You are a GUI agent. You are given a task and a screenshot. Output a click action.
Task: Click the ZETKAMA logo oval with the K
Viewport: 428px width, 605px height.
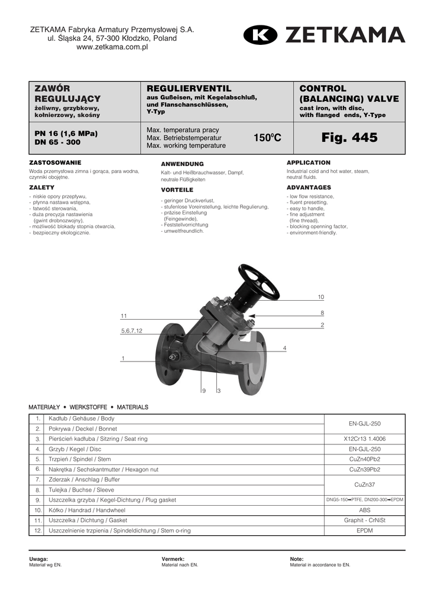click(260, 35)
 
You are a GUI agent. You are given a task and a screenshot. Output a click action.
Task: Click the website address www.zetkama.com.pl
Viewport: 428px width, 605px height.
click(112, 48)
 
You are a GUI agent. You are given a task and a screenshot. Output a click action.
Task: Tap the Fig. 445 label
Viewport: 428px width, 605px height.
click(349, 138)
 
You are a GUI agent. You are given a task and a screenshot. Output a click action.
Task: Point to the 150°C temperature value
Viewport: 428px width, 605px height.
click(268, 138)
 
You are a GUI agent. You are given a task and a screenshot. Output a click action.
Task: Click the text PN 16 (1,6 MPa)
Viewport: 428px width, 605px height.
click(66, 134)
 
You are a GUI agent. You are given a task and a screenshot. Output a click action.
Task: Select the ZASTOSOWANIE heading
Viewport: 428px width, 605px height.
click(56, 162)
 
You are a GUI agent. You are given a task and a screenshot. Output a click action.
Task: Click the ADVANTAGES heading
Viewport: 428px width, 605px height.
click(309, 187)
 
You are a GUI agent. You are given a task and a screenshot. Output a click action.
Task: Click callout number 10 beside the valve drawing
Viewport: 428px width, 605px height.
click(321, 297)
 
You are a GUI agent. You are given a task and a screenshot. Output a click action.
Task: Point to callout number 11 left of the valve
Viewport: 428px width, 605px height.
click(124, 316)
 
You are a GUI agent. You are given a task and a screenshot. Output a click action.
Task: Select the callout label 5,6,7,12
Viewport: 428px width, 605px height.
click(131, 331)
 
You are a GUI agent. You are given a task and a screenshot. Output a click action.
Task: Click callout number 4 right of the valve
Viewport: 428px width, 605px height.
click(284, 348)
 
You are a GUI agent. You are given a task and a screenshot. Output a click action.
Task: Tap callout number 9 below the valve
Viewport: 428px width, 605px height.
click(203, 391)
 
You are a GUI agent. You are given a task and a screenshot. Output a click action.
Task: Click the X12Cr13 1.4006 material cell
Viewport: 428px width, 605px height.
click(365, 439)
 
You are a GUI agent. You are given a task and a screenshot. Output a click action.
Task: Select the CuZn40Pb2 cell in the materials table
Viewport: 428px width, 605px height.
click(365, 459)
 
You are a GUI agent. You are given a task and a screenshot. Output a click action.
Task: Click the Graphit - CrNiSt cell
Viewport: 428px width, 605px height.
click(365, 521)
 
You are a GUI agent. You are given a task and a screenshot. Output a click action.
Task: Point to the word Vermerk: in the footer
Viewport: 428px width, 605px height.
click(173, 559)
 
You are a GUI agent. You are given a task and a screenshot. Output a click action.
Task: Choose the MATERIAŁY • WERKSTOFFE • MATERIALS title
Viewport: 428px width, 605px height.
click(89, 408)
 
